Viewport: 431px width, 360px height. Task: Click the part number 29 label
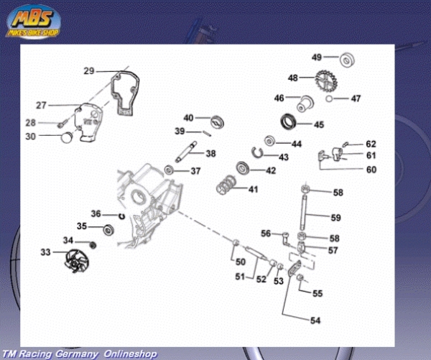coord(89,70)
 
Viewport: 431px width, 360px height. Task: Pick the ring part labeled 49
coord(347,57)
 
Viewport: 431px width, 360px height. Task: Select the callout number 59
coord(336,217)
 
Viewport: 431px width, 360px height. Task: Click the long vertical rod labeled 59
coord(307,213)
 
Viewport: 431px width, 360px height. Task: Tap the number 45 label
coord(319,124)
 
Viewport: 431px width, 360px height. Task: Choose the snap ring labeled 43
coord(263,153)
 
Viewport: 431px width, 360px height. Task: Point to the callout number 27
coord(40,106)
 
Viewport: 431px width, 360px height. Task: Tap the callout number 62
coord(371,144)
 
